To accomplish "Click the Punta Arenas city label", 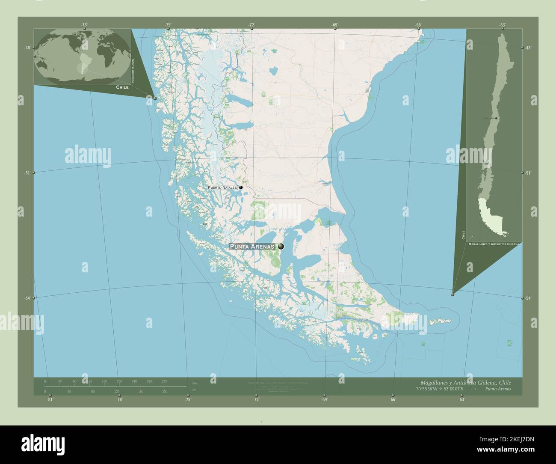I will pyautogui.click(x=252, y=247).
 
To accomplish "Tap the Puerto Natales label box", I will pyautogui.click(x=222, y=187).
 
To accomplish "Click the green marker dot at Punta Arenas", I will pyautogui.click(x=281, y=246).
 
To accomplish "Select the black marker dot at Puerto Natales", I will pyautogui.click(x=241, y=187).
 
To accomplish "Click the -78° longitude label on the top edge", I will pyautogui.click(x=85, y=25).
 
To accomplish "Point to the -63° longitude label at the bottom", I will pyautogui.click(x=461, y=400).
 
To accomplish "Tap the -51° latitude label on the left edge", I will pyautogui.click(x=27, y=173).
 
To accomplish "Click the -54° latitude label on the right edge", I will pyautogui.click(x=529, y=298).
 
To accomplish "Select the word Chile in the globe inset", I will pyautogui.click(x=122, y=87).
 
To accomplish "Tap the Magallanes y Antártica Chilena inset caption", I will pyautogui.click(x=494, y=244).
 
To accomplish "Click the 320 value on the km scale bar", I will pyautogui.click(x=164, y=381).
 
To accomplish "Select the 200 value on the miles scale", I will pyautogui.click(x=164, y=391).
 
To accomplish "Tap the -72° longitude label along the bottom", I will pyautogui.click(x=256, y=400).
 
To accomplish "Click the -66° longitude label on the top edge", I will pyautogui.click(x=418, y=25).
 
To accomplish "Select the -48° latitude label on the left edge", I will pyautogui.click(x=27, y=48).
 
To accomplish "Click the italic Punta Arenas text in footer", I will pyautogui.click(x=498, y=389).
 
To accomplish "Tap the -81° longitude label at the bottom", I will pyautogui.click(x=50, y=400).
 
